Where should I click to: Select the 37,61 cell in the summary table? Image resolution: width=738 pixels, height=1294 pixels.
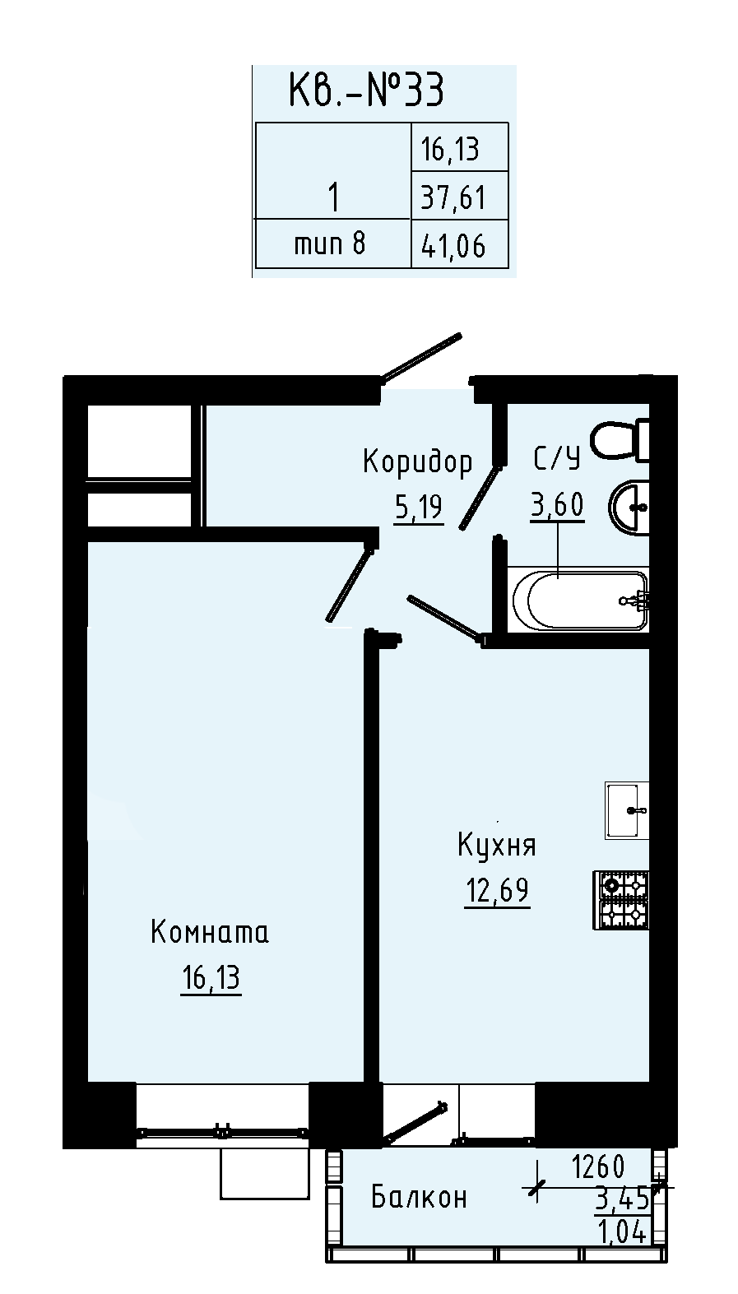point(453,197)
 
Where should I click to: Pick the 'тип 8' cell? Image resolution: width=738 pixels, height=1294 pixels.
point(330,243)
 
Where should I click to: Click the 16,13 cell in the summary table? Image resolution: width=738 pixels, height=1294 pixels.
point(450,150)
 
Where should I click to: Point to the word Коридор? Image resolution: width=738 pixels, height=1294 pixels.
point(418,462)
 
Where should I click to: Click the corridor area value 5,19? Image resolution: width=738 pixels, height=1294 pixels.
point(419,508)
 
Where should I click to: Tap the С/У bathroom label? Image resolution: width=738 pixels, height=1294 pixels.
point(557,459)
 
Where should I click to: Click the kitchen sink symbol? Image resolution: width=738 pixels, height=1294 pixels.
point(627,810)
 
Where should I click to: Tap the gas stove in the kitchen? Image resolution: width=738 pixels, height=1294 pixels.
point(620,900)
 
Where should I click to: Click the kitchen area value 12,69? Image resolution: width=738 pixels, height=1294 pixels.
point(497,891)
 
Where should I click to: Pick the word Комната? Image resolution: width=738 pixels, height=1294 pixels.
point(210,933)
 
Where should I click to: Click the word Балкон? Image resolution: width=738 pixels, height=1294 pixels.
point(419,1197)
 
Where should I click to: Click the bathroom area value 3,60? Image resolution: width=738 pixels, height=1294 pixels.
point(558,506)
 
